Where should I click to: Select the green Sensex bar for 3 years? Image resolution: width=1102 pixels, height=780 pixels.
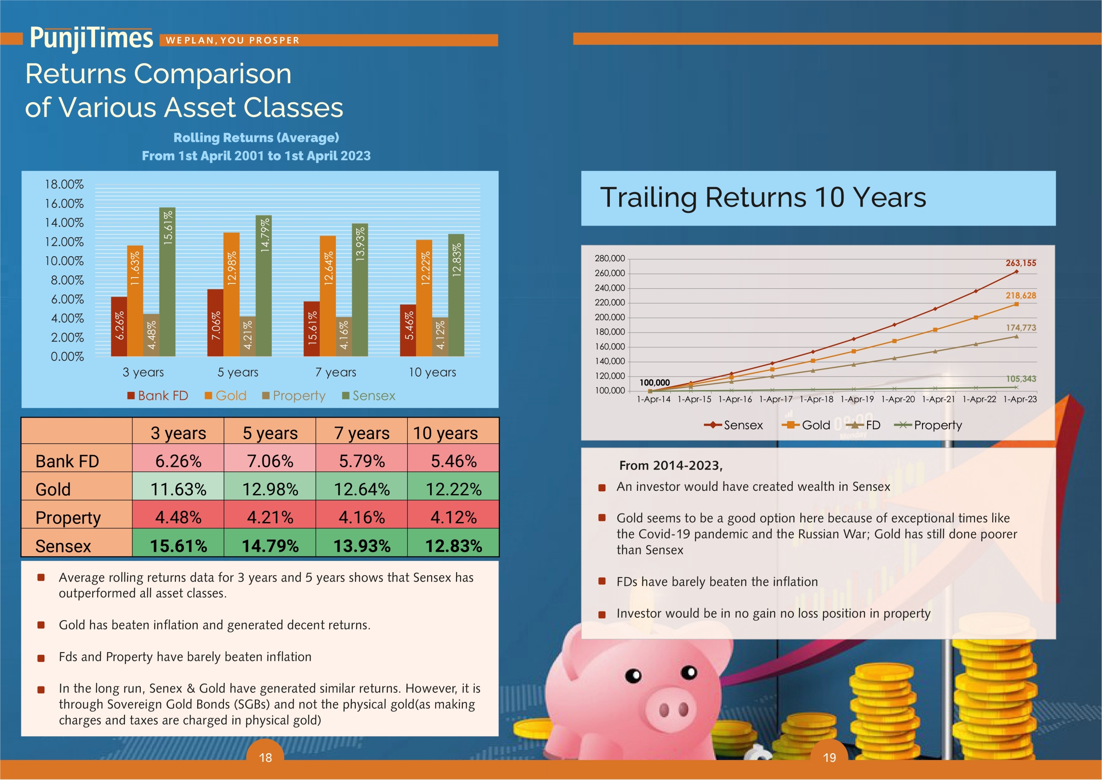tap(167, 282)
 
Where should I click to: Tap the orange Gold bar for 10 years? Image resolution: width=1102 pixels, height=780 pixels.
tap(424, 298)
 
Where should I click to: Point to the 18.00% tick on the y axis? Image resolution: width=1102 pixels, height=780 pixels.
tap(64, 184)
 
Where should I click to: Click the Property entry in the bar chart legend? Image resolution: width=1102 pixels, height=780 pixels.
tap(294, 396)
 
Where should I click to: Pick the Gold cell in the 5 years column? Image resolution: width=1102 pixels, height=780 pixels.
tap(270, 489)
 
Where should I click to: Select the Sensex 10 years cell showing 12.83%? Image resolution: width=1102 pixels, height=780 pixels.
tap(454, 545)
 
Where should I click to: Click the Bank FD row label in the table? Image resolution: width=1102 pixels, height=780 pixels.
tap(67, 461)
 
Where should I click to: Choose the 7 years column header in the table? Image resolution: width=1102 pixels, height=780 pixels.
tap(362, 433)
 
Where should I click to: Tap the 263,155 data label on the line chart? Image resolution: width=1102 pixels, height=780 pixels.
tap(1020, 263)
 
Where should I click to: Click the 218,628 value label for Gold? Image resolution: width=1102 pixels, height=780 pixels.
tap(1020, 295)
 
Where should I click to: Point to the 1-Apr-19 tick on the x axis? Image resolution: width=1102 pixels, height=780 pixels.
tap(857, 399)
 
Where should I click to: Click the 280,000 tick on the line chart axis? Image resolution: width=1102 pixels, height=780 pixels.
tap(609, 259)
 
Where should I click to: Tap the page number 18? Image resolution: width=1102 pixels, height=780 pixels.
tap(265, 758)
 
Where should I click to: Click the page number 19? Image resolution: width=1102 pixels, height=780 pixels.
tap(829, 758)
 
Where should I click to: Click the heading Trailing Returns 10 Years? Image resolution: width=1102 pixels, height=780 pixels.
tap(763, 197)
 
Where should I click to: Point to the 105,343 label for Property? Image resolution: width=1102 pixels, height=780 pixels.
tap(1020, 379)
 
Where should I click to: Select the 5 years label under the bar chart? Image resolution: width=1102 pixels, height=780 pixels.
tap(238, 372)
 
